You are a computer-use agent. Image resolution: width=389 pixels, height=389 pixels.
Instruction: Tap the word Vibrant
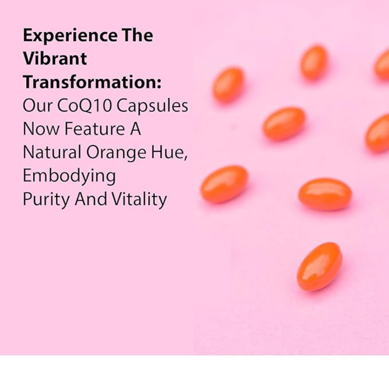point(55,58)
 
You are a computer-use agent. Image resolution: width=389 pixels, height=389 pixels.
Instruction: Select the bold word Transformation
point(92,82)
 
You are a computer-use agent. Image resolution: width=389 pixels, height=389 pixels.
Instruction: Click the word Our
point(37,106)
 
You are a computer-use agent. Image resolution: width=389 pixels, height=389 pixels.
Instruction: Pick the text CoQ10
point(84,106)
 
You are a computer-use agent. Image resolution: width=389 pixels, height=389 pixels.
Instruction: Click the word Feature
point(95,129)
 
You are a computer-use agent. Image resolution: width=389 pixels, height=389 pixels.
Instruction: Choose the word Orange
point(116,153)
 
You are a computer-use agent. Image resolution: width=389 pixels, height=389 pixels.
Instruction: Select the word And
point(91,199)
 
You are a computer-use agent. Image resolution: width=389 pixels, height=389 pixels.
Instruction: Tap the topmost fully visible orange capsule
point(314,63)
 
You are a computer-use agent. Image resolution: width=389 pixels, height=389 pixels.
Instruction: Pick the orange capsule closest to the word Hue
point(224,184)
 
